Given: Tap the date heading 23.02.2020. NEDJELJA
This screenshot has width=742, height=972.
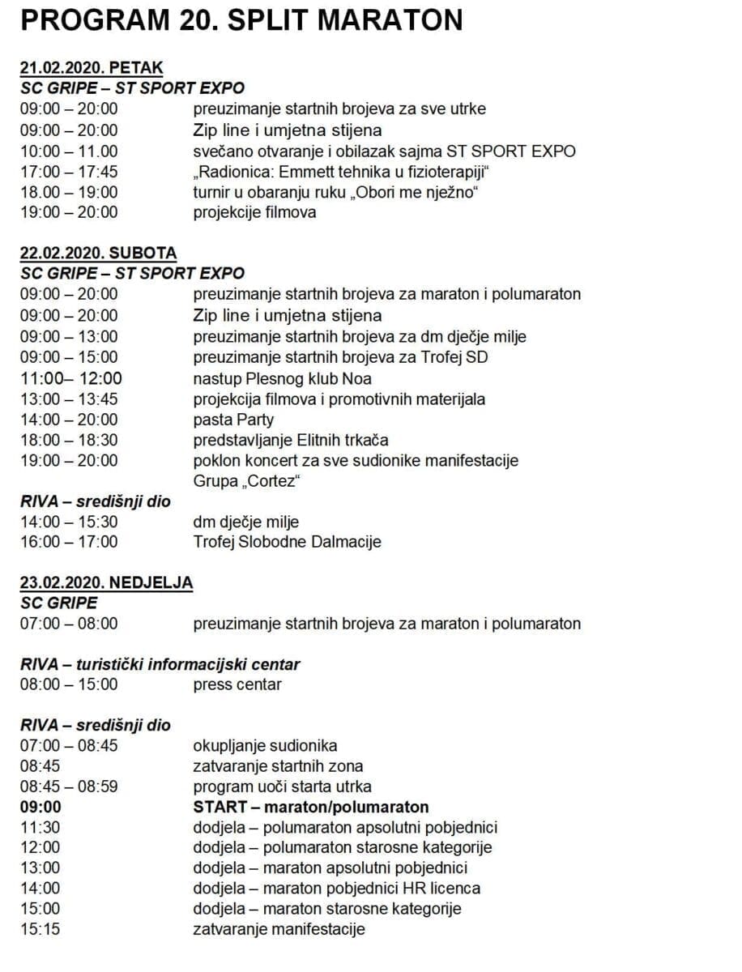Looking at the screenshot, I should click(x=106, y=583).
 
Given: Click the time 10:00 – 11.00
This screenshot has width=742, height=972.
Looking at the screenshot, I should click(x=69, y=151).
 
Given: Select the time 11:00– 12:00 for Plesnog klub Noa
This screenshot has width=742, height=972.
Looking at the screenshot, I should click(x=71, y=378).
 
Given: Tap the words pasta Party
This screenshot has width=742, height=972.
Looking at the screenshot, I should click(x=233, y=420).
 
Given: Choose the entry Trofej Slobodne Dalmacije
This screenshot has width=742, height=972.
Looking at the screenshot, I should click(x=287, y=542).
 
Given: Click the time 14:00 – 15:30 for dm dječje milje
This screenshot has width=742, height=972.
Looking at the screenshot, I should click(x=69, y=522).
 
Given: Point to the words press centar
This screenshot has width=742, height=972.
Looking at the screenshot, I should click(x=237, y=684).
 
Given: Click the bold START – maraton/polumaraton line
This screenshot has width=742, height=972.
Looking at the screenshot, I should click(x=311, y=807).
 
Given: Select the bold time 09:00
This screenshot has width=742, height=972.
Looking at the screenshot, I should click(x=41, y=807).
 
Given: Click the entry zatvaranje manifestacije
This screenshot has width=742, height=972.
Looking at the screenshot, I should click(x=279, y=929).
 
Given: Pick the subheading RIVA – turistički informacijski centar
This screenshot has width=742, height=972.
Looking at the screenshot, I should click(x=160, y=665).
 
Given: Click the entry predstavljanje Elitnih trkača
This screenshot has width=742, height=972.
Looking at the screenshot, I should click(x=291, y=440).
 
